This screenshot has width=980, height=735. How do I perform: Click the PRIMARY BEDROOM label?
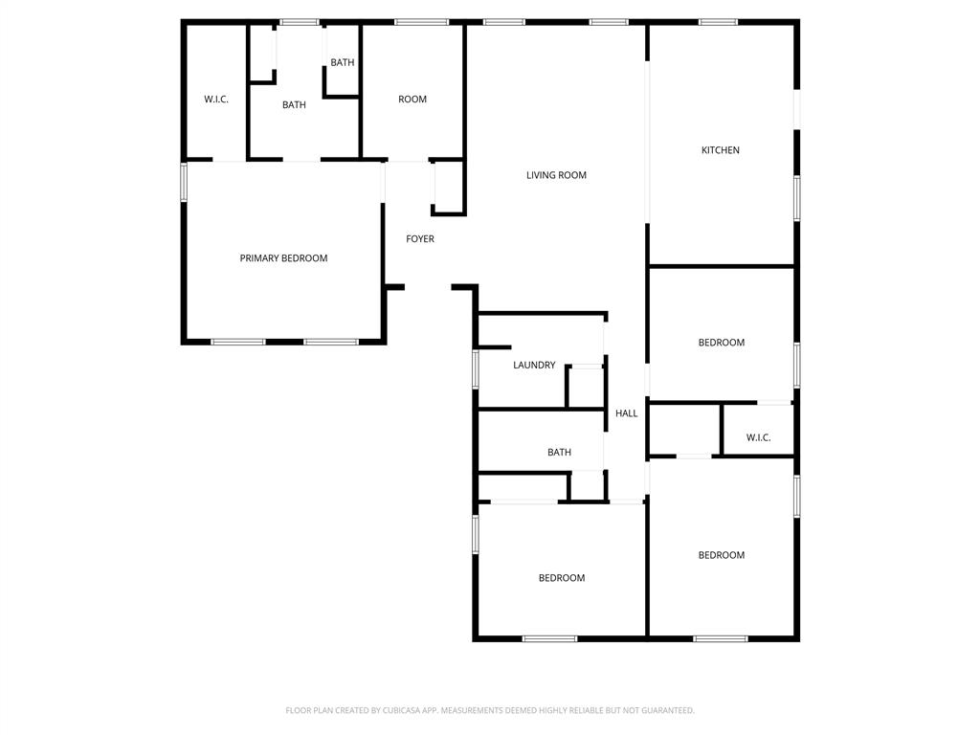click(x=283, y=258)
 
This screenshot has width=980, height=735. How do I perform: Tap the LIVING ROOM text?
click(x=556, y=175)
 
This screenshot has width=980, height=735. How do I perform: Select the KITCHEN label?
click(x=720, y=150)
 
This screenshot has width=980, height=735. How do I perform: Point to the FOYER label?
click(x=420, y=238)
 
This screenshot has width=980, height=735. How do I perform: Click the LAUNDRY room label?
click(x=534, y=365)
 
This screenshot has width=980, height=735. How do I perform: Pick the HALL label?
click(x=626, y=413)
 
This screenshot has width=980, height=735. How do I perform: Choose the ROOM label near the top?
click(x=412, y=99)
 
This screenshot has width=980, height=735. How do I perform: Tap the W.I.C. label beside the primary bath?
click(x=216, y=99)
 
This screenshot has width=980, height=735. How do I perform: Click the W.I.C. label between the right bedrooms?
click(x=758, y=437)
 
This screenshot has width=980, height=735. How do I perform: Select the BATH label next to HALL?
click(x=559, y=452)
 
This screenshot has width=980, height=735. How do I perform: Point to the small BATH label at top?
click(x=343, y=62)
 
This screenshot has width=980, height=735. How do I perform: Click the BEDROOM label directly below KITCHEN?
click(x=722, y=343)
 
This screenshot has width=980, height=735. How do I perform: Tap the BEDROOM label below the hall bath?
click(x=562, y=578)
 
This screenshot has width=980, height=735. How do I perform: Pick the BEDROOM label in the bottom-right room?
click(x=722, y=555)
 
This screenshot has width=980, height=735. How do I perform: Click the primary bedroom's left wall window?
click(x=184, y=182)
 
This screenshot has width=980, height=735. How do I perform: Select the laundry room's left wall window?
click(x=476, y=369)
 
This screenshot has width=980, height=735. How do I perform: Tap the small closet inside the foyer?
click(x=449, y=188)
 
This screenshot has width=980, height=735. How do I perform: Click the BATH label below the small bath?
click(x=294, y=105)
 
